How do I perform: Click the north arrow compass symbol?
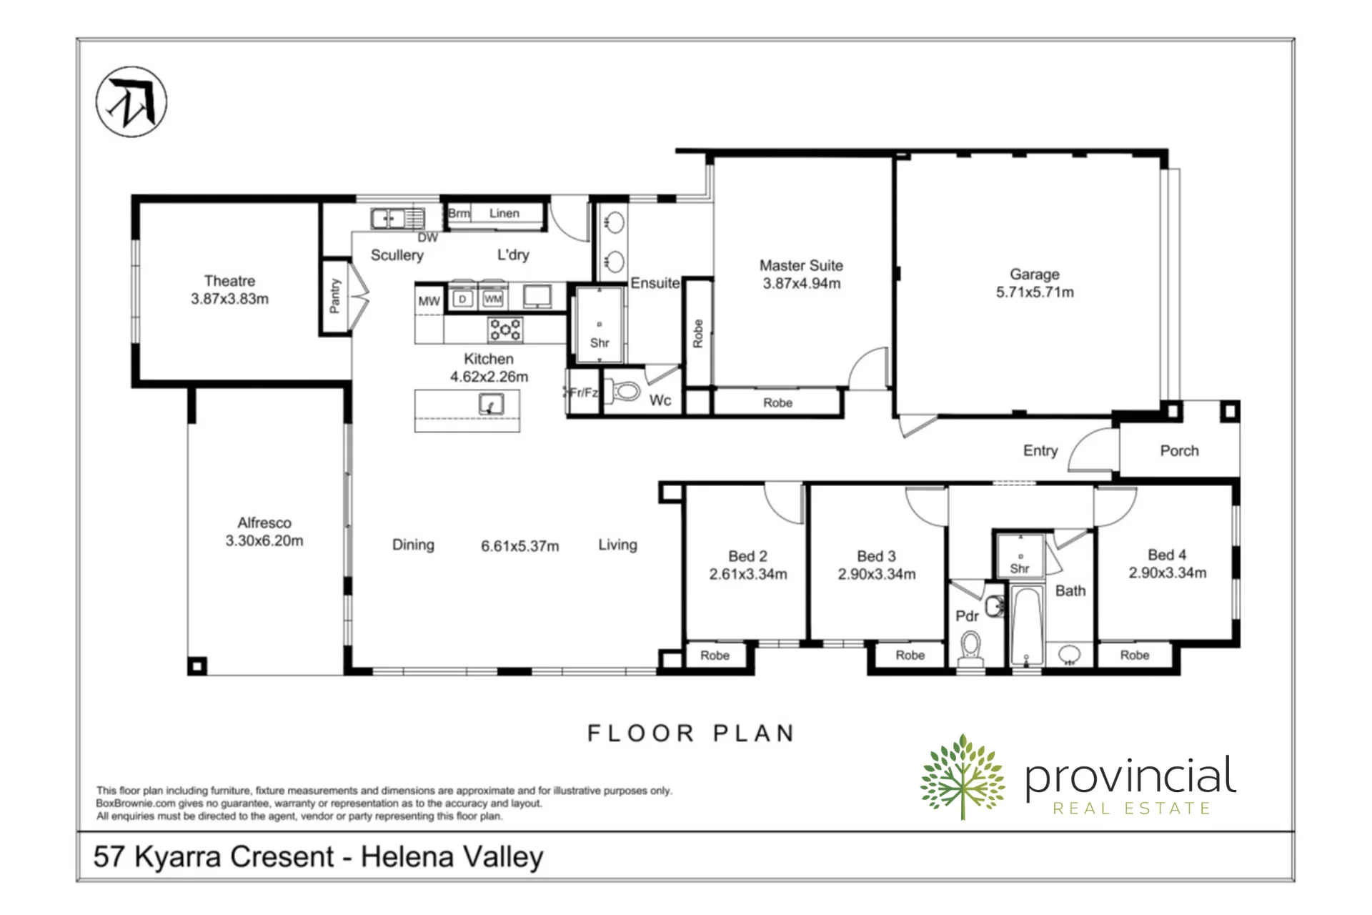pos(131,102)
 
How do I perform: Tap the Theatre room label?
pos(229,281)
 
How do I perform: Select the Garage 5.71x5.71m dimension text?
pos(1035,292)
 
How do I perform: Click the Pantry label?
pos(334,296)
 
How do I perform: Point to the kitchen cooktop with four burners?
pos(505,330)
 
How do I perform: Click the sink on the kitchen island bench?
pos(491,405)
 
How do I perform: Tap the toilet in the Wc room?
pos(626,391)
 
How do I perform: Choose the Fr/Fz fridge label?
pos(583,392)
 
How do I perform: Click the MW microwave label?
pos(429,301)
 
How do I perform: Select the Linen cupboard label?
pos(504,213)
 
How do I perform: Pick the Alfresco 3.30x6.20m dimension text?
pos(264,541)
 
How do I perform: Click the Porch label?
pos(1179,451)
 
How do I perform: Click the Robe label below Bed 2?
pos(715,656)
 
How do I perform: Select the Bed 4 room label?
pos(1167,555)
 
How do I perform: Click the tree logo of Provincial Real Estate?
pos(963,777)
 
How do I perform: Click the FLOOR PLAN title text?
pos(691,733)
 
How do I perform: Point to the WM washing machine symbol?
pos(493,299)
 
